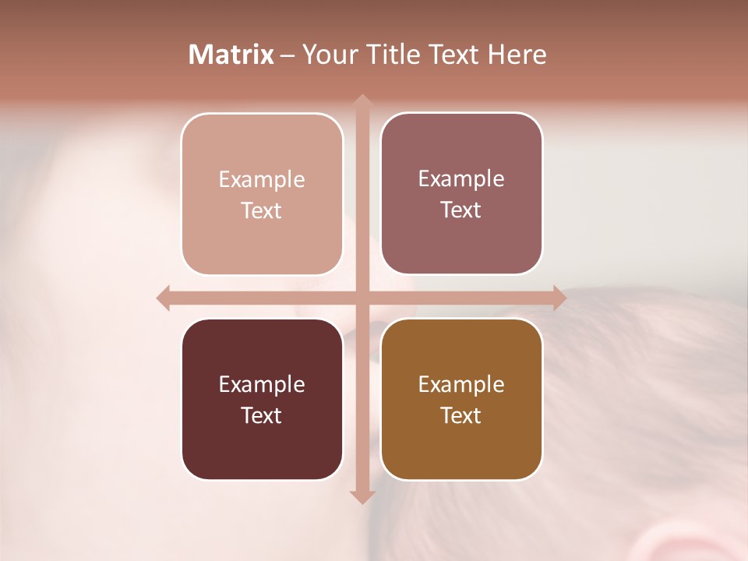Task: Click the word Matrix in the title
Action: click(x=231, y=55)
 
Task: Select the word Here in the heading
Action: click(x=517, y=55)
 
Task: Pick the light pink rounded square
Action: click(x=262, y=194)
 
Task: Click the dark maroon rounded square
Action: click(x=262, y=399)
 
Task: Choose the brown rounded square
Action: click(x=461, y=399)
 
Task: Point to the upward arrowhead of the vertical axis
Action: click(x=362, y=101)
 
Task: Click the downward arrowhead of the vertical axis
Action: click(x=362, y=496)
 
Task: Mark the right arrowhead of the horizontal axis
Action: click(x=559, y=298)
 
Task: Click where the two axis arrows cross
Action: click(x=362, y=298)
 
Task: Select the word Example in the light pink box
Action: click(x=262, y=179)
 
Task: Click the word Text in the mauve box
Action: click(x=461, y=210)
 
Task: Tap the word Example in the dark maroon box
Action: click(x=262, y=384)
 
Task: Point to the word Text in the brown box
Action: click(x=461, y=415)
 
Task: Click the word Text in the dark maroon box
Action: click(x=262, y=415)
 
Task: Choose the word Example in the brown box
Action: click(x=461, y=384)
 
